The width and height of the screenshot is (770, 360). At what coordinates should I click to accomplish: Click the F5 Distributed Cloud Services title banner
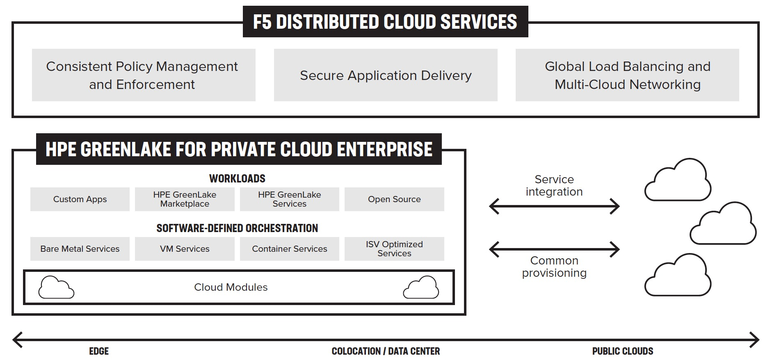tap(385, 22)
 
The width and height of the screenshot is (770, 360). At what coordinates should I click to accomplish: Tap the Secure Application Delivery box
tap(386, 75)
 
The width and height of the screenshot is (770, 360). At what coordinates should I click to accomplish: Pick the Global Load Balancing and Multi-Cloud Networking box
tap(627, 75)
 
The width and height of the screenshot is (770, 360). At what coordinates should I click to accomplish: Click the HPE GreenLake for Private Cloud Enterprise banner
tap(239, 149)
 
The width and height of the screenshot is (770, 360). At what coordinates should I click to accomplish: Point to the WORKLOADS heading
tap(237, 178)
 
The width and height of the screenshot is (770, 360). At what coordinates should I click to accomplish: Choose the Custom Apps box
tap(80, 199)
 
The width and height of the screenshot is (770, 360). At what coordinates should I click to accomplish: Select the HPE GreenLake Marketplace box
tap(185, 199)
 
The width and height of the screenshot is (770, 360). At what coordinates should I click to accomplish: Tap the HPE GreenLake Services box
tap(290, 199)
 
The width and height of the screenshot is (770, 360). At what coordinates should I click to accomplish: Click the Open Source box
tap(394, 199)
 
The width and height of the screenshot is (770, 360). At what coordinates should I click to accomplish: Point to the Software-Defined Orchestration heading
tap(237, 228)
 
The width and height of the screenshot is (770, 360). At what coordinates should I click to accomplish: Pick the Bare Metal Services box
tap(80, 249)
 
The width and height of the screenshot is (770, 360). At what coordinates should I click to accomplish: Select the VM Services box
tap(185, 249)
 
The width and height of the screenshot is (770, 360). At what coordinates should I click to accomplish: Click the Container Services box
tap(290, 249)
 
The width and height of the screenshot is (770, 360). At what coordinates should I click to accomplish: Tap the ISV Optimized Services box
tap(394, 249)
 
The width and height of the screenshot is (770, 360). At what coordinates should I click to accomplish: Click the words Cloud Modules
tap(231, 287)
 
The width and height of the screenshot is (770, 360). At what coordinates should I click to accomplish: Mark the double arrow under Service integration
tap(554, 206)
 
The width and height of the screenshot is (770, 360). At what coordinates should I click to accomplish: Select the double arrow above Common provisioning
tap(554, 249)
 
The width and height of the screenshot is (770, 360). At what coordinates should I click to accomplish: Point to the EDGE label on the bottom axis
tap(99, 351)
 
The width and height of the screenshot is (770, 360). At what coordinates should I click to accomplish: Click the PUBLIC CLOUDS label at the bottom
tap(622, 351)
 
